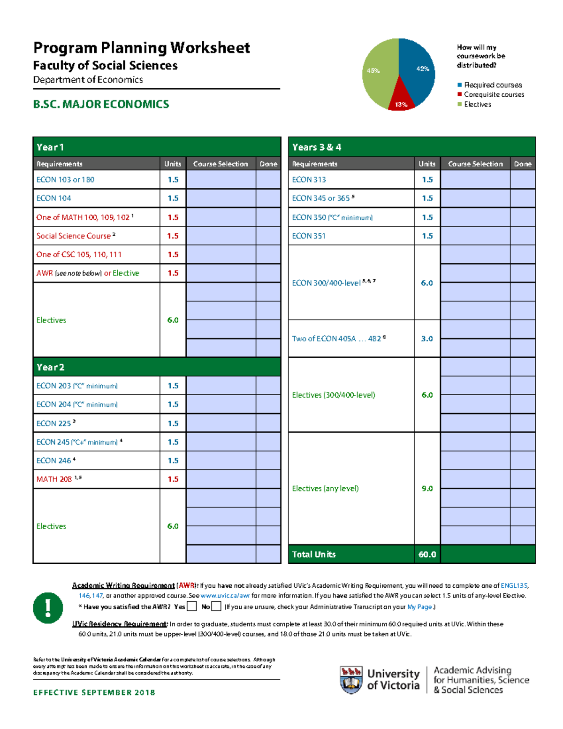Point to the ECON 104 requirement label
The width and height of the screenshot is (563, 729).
click(x=53, y=198)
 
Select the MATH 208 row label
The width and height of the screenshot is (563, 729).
click(x=54, y=479)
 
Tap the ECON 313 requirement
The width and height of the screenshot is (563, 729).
click(x=309, y=179)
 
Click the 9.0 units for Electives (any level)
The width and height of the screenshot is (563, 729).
click(x=426, y=488)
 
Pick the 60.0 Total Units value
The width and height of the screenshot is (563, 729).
click(x=426, y=554)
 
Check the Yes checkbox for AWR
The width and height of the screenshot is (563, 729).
click(x=191, y=606)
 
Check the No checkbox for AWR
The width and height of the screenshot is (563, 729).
click(x=216, y=606)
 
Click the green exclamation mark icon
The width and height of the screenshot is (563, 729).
click(x=48, y=607)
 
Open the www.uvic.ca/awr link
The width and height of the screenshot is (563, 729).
click(x=225, y=596)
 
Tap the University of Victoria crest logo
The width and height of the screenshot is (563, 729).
click(x=351, y=679)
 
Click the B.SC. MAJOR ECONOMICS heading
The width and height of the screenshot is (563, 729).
click(x=101, y=104)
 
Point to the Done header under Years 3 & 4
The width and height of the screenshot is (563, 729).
click(x=522, y=164)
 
